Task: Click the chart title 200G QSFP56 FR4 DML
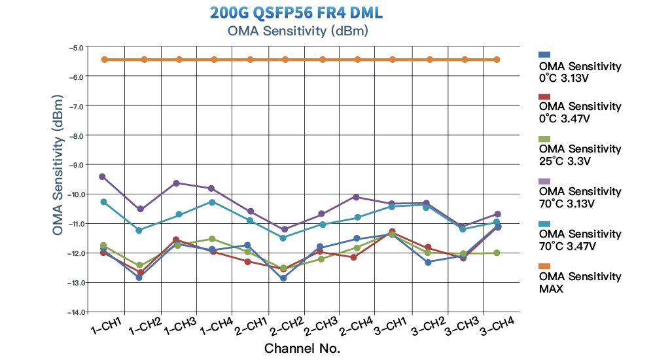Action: [296, 13]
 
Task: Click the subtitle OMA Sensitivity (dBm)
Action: [296, 31]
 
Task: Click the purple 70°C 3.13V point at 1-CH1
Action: [103, 177]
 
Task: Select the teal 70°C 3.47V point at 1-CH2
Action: [139, 230]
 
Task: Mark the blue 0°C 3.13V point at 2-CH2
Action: [283, 278]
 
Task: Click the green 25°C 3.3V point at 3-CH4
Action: [497, 253]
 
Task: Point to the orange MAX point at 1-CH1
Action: [103, 60]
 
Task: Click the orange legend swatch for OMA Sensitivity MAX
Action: [544, 266]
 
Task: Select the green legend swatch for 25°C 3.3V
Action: [544, 139]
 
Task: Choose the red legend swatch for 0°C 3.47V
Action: [544, 96]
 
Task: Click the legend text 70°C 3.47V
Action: [566, 246]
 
